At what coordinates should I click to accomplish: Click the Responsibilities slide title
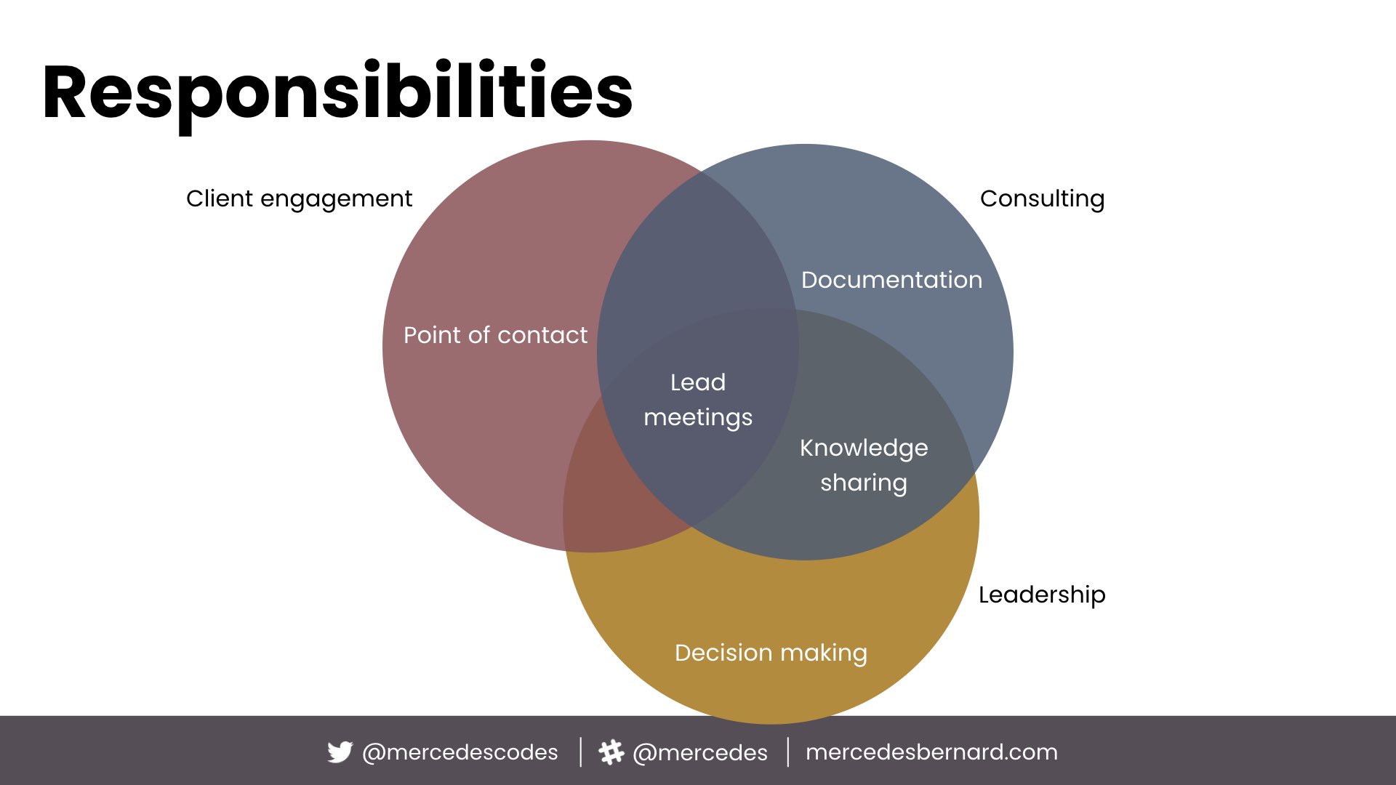[337, 93]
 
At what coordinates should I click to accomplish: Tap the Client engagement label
[299, 198]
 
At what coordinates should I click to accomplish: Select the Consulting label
[1042, 198]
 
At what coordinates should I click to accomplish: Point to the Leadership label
[1041, 595]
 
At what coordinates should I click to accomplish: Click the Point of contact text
[495, 335]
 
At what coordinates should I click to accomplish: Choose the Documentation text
[891, 280]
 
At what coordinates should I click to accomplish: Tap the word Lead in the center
[698, 382]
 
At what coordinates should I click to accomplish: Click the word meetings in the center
[698, 417]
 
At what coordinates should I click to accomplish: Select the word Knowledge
[864, 448]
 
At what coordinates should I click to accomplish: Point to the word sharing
[864, 483]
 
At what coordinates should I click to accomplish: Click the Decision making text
[771, 653]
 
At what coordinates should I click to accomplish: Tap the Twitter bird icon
[340, 752]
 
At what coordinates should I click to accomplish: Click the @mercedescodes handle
[460, 752]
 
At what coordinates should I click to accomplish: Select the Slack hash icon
[611, 752]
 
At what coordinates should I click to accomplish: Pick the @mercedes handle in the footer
[700, 752]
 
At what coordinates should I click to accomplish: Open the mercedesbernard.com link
[931, 752]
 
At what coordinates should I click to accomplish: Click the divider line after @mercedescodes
[580, 752]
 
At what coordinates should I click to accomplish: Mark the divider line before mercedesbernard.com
[788, 752]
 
